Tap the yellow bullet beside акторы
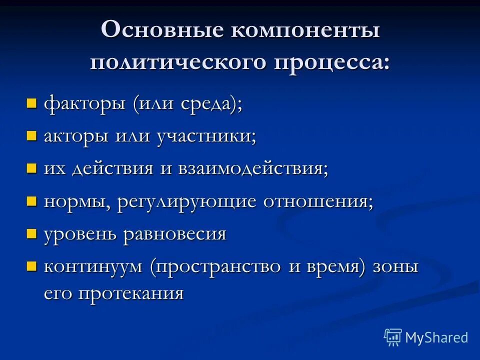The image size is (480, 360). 32,136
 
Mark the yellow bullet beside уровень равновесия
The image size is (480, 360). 32,233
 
